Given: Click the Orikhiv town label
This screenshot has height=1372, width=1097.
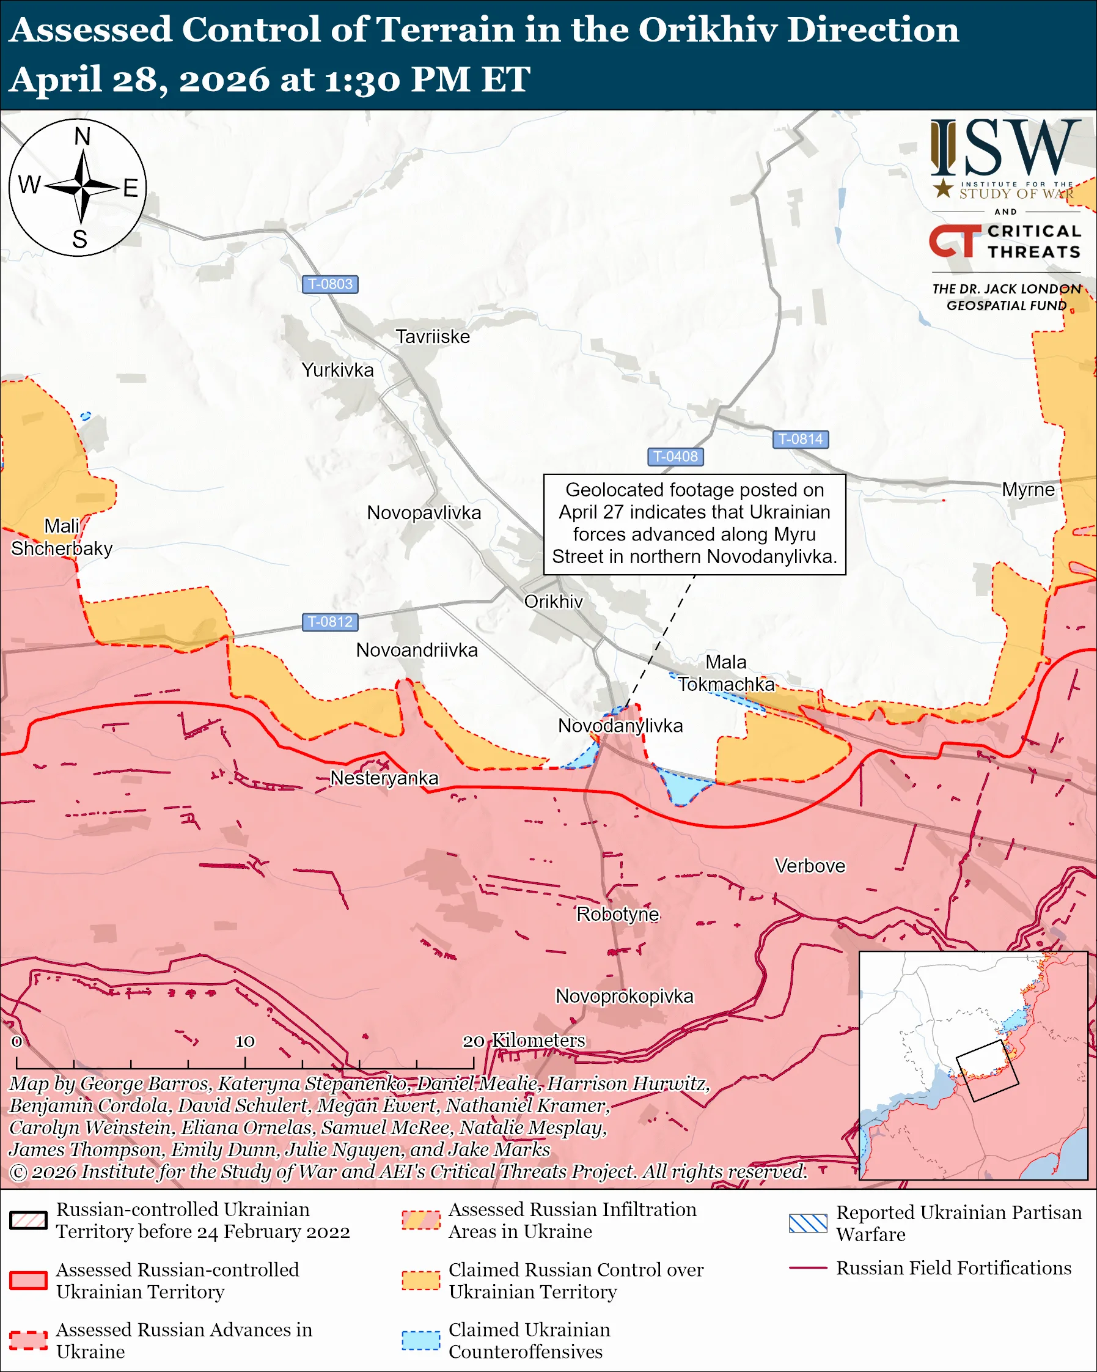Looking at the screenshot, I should pos(552,602).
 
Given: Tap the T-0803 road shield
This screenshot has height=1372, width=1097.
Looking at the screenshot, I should pos(329,284).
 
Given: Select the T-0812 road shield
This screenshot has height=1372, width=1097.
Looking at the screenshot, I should pos(329,622).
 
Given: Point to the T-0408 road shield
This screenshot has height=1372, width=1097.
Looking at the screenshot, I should pos(675,456).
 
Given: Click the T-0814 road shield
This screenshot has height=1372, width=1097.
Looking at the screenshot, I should pos(800,439).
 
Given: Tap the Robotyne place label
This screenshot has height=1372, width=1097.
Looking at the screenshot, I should pos(617,914).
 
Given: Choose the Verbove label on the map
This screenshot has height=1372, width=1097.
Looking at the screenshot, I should pos(810,866).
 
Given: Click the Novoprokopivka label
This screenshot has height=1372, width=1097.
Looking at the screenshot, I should pos(624,996).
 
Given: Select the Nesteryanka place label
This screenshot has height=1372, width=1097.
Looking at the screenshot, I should pos(384,778).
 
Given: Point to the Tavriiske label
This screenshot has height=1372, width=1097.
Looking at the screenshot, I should pos(433,337).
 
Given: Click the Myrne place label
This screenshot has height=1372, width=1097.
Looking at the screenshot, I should pos(1028,489).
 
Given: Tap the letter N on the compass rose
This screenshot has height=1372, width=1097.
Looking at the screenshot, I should pos(82,136).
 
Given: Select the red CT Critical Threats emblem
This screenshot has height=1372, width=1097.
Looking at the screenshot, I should pos(955,240).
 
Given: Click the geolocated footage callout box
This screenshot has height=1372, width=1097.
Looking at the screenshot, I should pos(694,524).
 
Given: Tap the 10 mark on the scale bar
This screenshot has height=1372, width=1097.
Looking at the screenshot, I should pos(245,1041).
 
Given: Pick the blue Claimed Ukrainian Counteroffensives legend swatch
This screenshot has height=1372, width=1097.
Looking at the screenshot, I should pos(420,1340).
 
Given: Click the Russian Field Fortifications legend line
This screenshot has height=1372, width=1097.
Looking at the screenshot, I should pos(808,1268).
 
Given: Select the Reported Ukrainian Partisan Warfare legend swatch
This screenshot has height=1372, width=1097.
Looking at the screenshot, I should pos(808,1223).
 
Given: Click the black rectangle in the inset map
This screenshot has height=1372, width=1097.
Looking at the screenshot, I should pos(987,1071).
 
